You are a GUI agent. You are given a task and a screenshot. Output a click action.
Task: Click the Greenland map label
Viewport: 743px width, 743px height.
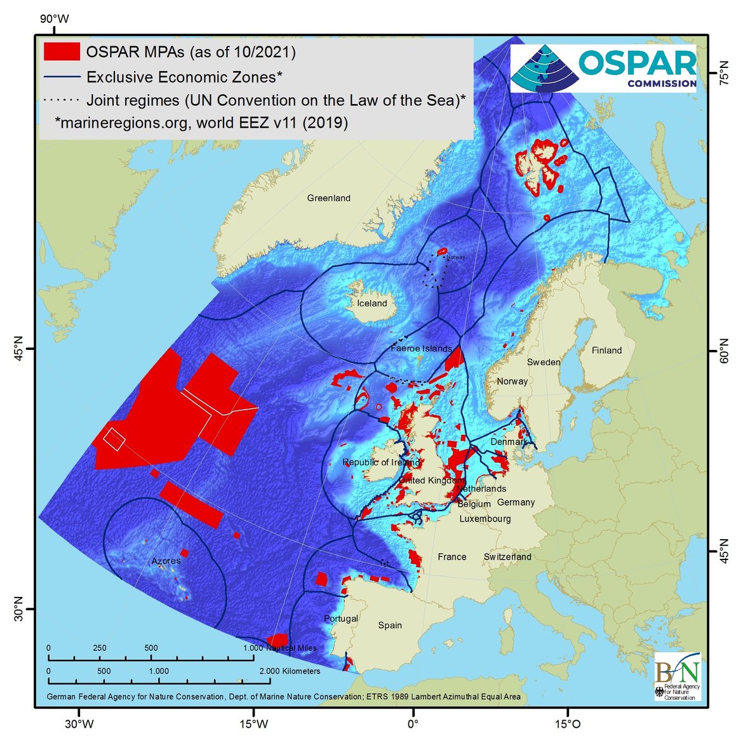[x=328, y=198]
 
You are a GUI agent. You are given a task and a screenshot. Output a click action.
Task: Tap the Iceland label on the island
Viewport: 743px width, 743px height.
[x=371, y=304]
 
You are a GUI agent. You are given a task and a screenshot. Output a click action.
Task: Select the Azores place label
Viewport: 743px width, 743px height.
[x=166, y=561]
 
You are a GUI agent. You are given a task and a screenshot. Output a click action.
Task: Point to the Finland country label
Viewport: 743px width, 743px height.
[x=606, y=351]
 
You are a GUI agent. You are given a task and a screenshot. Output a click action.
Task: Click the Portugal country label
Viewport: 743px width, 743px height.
[x=341, y=619]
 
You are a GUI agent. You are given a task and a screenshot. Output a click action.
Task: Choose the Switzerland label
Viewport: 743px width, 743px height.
[x=507, y=557]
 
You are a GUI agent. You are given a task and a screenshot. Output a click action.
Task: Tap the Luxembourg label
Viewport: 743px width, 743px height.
[x=485, y=519]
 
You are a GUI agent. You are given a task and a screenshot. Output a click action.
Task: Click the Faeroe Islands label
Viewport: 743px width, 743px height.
[x=421, y=349]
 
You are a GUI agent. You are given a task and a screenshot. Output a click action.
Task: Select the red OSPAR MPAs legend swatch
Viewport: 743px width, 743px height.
[x=62, y=51]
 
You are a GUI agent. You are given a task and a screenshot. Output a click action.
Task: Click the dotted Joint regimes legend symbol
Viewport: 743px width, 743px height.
[x=62, y=100]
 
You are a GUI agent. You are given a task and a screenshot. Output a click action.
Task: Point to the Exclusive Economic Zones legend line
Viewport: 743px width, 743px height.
[x=62, y=77]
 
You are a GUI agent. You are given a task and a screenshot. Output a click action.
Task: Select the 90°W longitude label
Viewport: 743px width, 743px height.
[x=54, y=19]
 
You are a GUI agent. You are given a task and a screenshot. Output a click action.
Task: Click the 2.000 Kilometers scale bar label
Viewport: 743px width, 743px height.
[x=290, y=671]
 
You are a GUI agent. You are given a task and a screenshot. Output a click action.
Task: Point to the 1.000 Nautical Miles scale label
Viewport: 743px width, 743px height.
[x=280, y=648]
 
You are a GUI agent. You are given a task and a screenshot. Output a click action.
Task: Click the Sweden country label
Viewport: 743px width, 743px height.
[x=544, y=362]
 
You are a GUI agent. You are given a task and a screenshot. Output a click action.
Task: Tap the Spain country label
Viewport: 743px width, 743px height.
[x=390, y=626]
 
